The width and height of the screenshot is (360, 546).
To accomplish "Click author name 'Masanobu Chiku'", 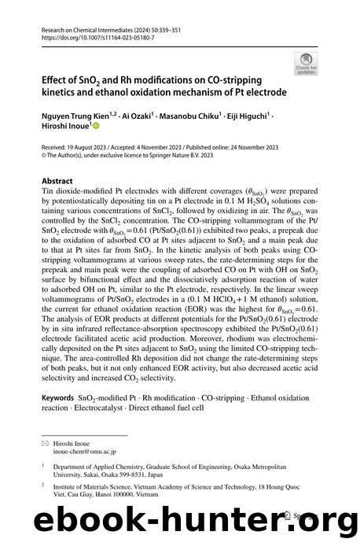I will pyautogui.click(x=189, y=113).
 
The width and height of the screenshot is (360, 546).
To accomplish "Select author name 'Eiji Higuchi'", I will pyautogui.click(x=246, y=113).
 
